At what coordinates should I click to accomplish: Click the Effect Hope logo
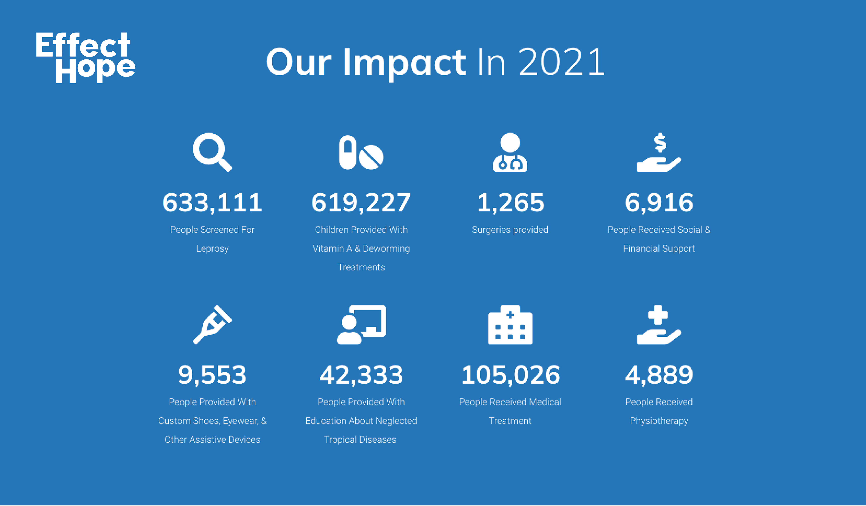(x=85, y=57)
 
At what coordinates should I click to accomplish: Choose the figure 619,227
(x=361, y=203)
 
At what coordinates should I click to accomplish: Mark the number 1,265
(x=510, y=203)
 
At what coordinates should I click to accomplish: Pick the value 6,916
(x=659, y=203)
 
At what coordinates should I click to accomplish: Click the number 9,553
(x=212, y=375)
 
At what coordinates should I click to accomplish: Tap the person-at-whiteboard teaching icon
(x=361, y=324)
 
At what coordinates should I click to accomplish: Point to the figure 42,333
(x=361, y=375)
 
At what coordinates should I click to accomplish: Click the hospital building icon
(x=510, y=324)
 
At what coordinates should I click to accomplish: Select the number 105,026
(x=510, y=375)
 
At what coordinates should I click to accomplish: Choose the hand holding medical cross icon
(x=659, y=324)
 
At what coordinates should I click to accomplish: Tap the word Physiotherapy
(x=659, y=421)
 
